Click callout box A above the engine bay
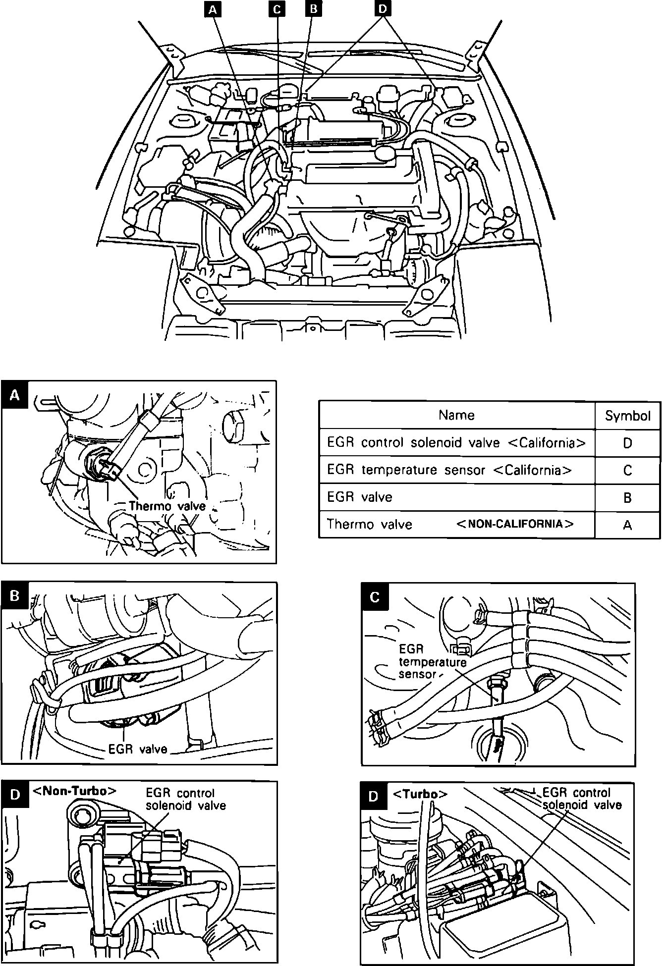click(213, 9)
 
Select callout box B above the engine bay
click(314, 9)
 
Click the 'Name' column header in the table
click(456, 415)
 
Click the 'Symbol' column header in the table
click(627, 416)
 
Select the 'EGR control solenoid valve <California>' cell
click(456, 442)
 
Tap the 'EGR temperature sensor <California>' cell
click(449, 470)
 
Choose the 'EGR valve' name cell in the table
click(359, 497)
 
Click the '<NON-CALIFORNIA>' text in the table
click(514, 524)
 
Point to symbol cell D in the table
click(627, 443)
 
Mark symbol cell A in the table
click(627, 525)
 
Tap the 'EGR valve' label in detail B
click(138, 749)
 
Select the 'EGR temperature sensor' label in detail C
click(432, 662)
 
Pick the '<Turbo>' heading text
click(420, 794)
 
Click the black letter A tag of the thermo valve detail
click(15, 395)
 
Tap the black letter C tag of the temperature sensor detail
click(375, 597)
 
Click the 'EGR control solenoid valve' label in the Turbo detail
click(582, 799)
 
